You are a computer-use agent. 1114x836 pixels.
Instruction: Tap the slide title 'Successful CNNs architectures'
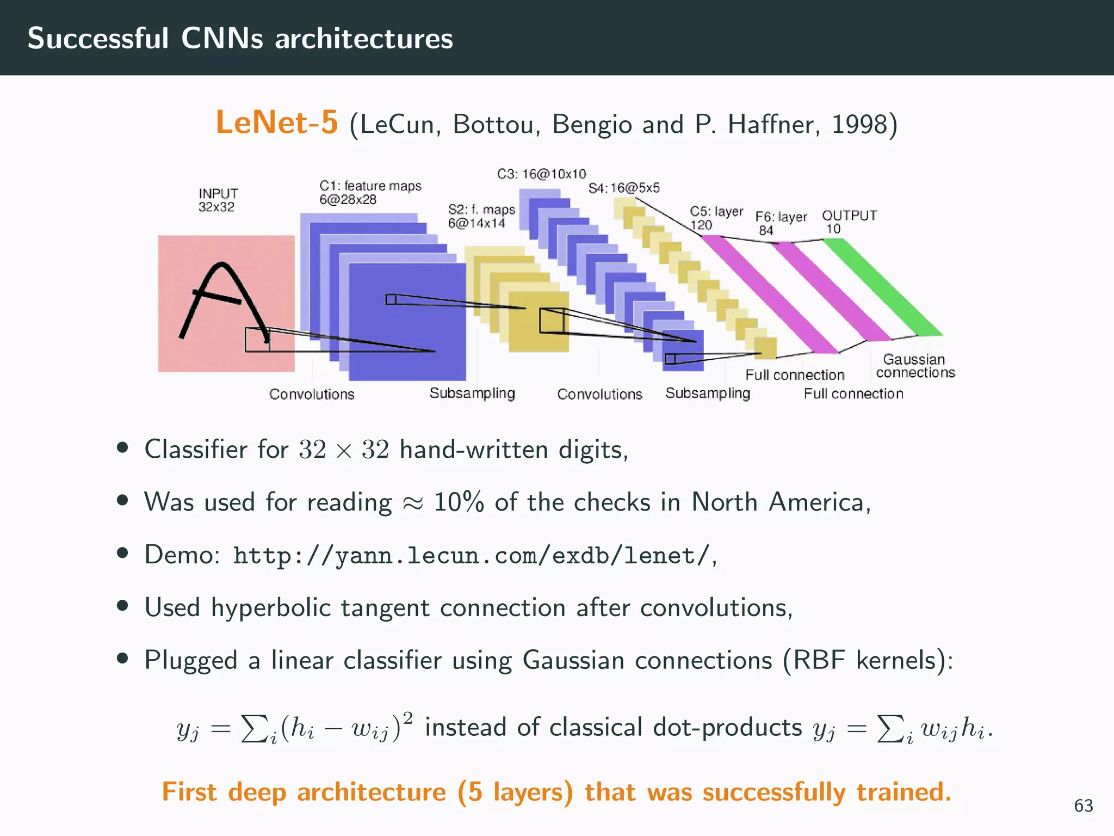(240, 39)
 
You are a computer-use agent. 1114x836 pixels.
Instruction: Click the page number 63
(1083, 806)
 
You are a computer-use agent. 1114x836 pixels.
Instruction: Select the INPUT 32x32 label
(218, 200)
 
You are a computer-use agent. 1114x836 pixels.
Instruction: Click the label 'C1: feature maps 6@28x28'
(370, 193)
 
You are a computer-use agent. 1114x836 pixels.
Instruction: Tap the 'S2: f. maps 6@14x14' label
(481, 216)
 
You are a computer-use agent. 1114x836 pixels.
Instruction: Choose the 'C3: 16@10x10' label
(541, 174)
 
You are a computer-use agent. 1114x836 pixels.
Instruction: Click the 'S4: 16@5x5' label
(624, 188)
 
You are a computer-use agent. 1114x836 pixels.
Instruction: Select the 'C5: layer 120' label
(716, 218)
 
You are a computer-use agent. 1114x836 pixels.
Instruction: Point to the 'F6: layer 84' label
(781, 223)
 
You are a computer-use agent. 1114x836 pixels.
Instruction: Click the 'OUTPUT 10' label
(849, 222)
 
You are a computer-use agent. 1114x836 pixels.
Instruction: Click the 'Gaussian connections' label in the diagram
(915, 366)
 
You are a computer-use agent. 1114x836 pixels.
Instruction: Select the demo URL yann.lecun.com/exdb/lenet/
(471, 556)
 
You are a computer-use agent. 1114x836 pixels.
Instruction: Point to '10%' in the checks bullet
(458, 502)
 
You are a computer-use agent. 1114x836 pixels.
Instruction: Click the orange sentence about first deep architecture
(556, 792)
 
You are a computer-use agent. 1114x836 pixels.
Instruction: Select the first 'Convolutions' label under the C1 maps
(312, 394)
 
